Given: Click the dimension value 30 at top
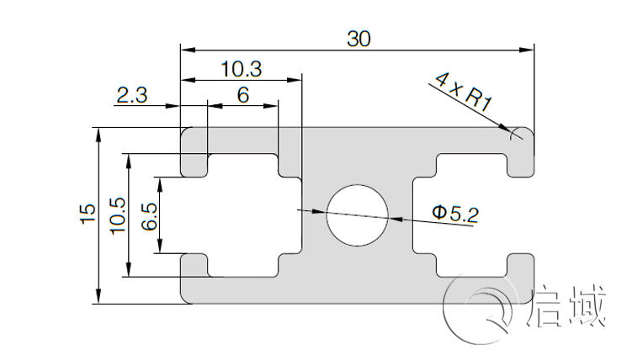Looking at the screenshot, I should coord(358,38).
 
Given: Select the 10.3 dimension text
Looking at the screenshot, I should coord(242,69).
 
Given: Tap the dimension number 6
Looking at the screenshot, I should coord(243,95).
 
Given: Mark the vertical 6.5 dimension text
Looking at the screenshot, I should coord(149,216).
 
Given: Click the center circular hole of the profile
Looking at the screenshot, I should coord(358,214).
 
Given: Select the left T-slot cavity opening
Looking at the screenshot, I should coord(244,214).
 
